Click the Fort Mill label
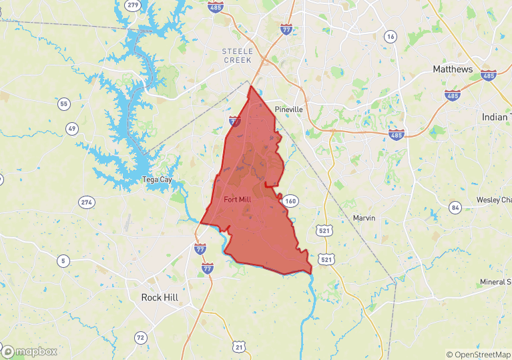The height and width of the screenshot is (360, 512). pos(238,200)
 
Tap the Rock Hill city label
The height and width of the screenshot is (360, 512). pos(162,297)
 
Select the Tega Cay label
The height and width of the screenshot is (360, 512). pos(157,180)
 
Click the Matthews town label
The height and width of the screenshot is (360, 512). pos(453,69)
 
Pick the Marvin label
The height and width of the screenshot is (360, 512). pos(364,218)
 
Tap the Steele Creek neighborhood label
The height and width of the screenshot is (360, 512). pos(238,55)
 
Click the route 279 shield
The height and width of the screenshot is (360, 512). pos(133,5)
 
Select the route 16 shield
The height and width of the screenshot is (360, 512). pos(391,37)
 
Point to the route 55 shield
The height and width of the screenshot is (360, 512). pos(64,104)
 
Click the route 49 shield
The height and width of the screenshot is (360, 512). pos(72,128)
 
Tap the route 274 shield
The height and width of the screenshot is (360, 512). pos(87,202)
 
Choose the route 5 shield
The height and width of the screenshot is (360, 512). pos(63,260)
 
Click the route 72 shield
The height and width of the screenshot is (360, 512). pos(140,338)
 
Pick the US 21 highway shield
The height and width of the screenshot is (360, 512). pos(240,345)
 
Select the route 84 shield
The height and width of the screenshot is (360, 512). pos(455,207)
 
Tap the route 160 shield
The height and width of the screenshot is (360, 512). pos(290,201)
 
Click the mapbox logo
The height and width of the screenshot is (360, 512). pos(30,351)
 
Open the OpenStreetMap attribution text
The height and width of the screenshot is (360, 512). pos(479,355)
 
